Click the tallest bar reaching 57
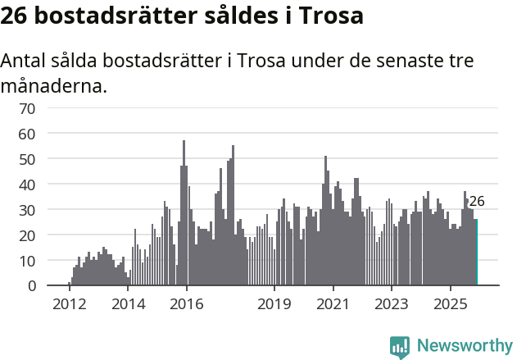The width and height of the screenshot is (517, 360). (x=184, y=213)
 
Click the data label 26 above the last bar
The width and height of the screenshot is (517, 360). (x=476, y=201)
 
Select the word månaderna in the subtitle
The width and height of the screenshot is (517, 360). (x=53, y=84)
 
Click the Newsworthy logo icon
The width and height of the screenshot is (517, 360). (x=400, y=346)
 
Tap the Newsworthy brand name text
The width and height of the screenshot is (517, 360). (x=465, y=346)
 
